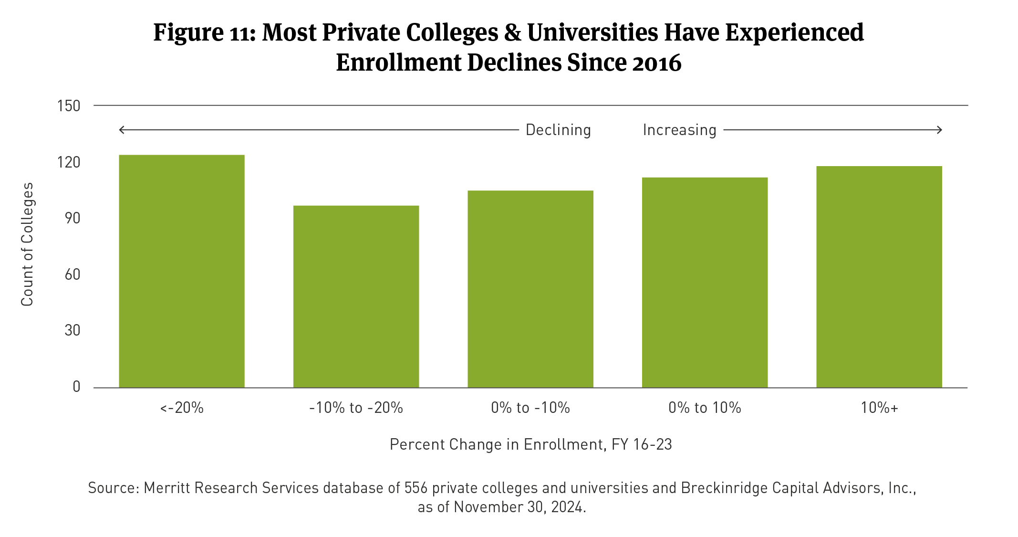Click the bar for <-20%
click(x=181, y=271)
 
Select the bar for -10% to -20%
click(x=356, y=296)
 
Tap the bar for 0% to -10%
click(x=530, y=289)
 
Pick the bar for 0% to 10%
click(x=705, y=282)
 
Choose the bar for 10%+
click(x=879, y=277)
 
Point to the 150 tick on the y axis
click(x=69, y=106)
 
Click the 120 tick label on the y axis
click(x=69, y=162)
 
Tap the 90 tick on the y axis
click(x=73, y=218)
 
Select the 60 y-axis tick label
click(x=73, y=274)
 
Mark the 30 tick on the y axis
click(x=73, y=330)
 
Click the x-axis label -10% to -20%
click(x=356, y=408)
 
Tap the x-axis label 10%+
click(x=879, y=408)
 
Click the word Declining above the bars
click(x=558, y=130)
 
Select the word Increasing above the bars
click(x=679, y=130)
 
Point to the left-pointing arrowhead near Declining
click(x=122, y=130)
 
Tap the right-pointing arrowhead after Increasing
click(x=939, y=130)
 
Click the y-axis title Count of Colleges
click(x=27, y=244)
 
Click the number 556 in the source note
click(x=416, y=488)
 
